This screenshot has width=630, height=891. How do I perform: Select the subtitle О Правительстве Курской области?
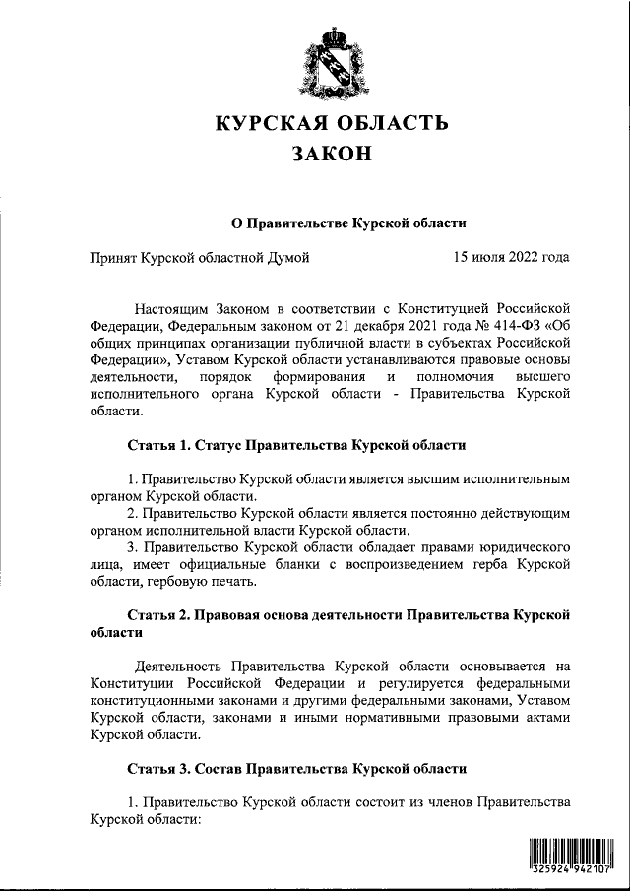[x=347, y=223]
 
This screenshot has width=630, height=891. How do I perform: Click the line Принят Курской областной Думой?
[x=200, y=259]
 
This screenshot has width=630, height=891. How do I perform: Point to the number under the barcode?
[x=570, y=870]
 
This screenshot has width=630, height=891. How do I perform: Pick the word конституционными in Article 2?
[x=149, y=700]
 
